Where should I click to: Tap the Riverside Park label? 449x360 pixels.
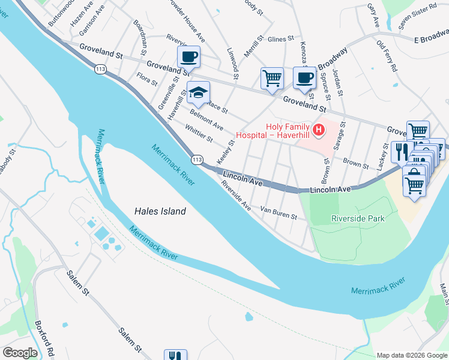pyautogui.click(x=358, y=219)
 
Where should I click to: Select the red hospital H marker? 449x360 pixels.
pyautogui.click(x=319, y=130)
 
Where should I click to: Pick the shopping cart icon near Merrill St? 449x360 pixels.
pyautogui.click(x=272, y=78)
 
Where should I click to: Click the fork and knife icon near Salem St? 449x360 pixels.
pyautogui.click(x=175, y=355)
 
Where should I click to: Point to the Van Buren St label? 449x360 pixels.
pyautogui.click(x=279, y=213)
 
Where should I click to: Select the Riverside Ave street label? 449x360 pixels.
pyautogui.click(x=236, y=196)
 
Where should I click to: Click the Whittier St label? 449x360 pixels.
pyautogui.click(x=199, y=134)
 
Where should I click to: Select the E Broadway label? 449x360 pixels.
pyautogui.click(x=432, y=40)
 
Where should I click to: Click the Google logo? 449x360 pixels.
pyautogui.click(x=20, y=353)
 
